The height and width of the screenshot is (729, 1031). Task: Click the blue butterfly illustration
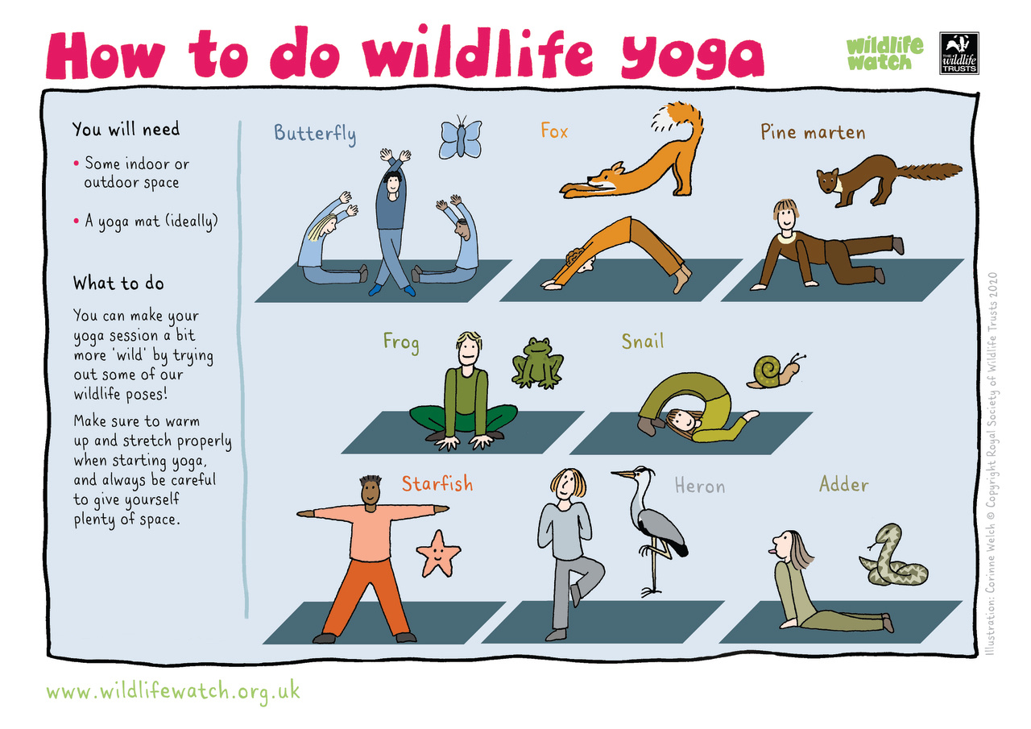460,139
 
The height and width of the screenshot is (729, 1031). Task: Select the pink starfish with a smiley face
438,553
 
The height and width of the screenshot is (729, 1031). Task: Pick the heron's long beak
623,474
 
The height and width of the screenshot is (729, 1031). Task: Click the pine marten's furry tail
926,171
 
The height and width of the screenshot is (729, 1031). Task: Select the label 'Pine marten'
812,132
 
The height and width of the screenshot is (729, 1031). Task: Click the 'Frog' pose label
401,342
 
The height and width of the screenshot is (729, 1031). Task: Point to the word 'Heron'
699,487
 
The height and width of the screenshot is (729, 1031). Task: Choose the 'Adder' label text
843,485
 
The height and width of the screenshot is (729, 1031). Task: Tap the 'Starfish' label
437,484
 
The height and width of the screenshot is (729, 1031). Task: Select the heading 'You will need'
126,129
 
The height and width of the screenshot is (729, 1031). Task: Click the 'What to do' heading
118,284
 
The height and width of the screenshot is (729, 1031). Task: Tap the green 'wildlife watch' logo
884,53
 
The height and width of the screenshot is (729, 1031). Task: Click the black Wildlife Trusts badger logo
959,53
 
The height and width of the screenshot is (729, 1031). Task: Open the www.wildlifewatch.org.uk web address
173,691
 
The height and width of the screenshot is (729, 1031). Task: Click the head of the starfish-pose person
371,491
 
